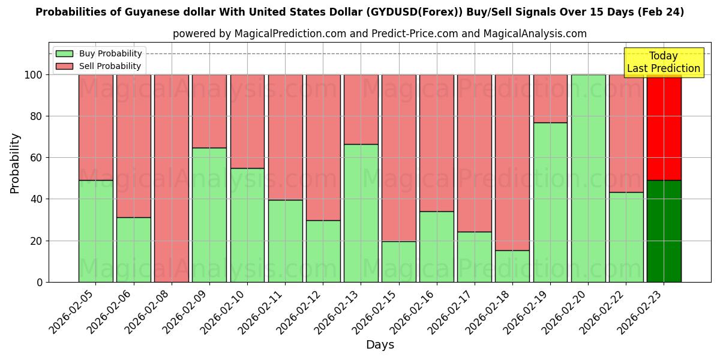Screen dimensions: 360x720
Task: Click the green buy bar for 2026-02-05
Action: (x=95, y=231)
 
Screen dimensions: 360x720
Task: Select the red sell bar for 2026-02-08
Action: (x=172, y=178)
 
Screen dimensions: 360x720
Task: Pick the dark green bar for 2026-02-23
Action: (x=664, y=231)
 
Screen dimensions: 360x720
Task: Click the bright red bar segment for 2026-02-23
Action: (x=664, y=127)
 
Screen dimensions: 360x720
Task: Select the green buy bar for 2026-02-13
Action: (x=361, y=213)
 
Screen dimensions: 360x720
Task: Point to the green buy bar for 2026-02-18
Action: (x=512, y=266)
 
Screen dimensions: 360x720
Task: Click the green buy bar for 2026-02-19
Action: (x=550, y=202)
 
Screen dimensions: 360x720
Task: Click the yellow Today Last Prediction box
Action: (x=664, y=62)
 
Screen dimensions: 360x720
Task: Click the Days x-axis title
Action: (x=380, y=345)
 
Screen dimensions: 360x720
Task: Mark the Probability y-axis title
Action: (x=15, y=163)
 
